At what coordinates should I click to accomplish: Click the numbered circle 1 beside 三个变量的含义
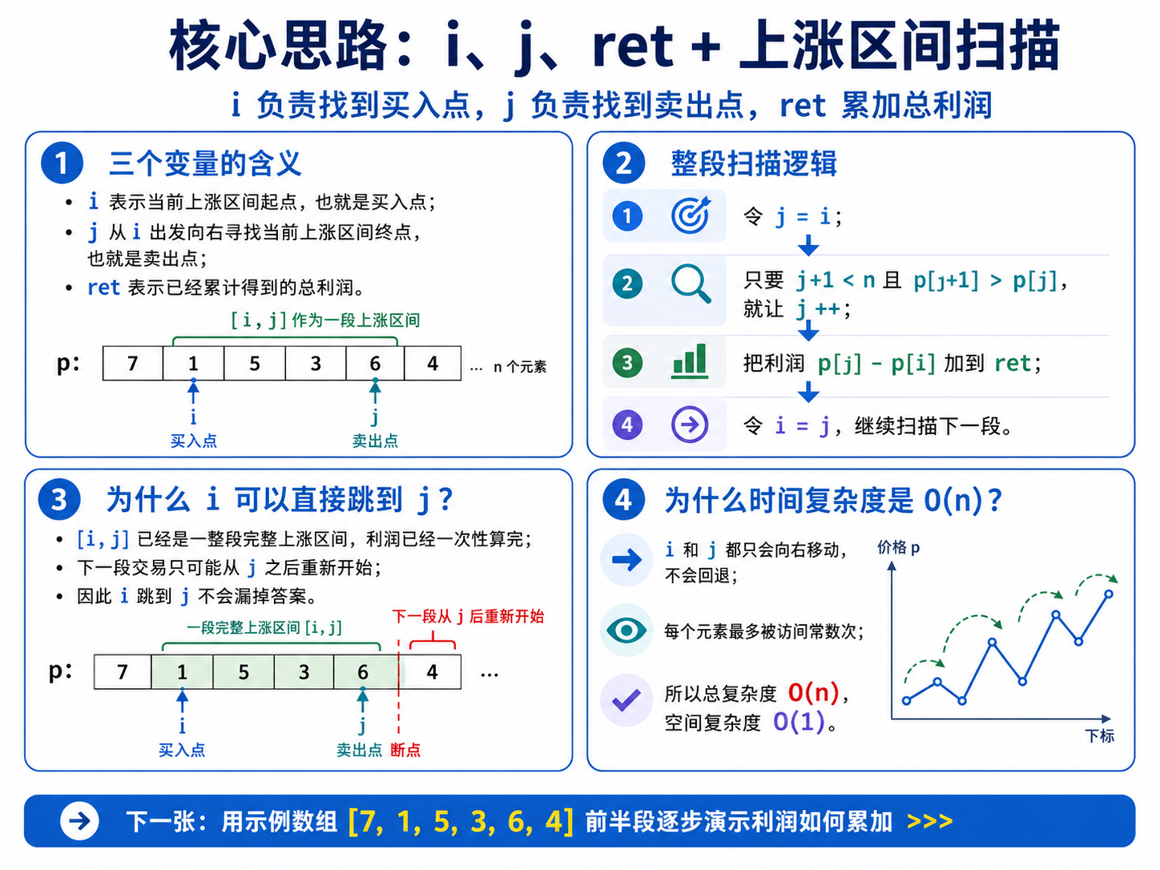tap(62, 163)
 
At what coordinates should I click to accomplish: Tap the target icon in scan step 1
tap(691, 215)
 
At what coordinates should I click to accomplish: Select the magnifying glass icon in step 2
tap(691, 284)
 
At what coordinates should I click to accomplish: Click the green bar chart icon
tap(690, 361)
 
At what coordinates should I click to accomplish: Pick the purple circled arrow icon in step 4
tap(690, 424)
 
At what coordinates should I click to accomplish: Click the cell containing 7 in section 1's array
tap(133, 364)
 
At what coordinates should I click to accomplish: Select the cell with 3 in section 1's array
tap(316, 364)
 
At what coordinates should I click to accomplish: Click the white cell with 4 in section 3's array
tap(431, 671)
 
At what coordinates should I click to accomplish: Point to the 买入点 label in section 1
tap(193, 441)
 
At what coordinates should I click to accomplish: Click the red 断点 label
tap(405, 750)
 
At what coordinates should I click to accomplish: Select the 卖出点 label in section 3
tap(360, 750)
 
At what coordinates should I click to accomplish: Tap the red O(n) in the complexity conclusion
tap(814, 692)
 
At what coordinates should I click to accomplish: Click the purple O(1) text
tap(799, 722)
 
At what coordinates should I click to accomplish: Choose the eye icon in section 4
tap(626, 630)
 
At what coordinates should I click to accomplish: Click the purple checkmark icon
tap(626, 700)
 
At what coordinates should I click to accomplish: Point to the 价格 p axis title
tap(898, 547)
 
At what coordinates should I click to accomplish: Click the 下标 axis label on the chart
tap(1100, 736)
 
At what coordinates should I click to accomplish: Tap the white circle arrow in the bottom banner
tap(79, 821)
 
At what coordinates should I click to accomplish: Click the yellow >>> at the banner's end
tap(929, 821)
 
